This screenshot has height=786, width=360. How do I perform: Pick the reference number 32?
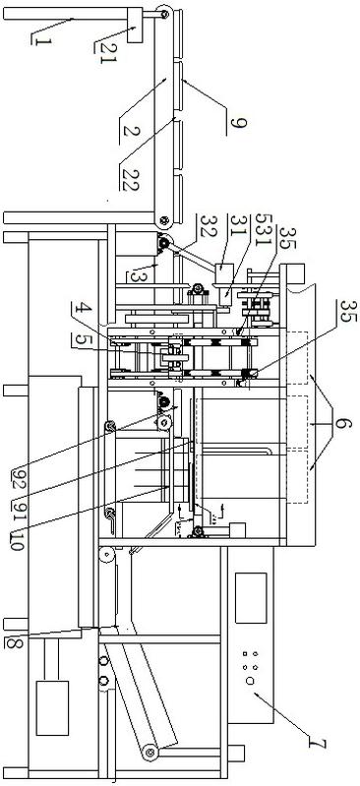coord(207,223)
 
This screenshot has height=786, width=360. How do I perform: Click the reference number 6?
coord(343,424)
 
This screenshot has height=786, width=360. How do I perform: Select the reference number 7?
coord(318,743)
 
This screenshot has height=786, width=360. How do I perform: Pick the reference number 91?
coord(18,510)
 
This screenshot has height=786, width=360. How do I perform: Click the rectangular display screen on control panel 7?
coord(251,597)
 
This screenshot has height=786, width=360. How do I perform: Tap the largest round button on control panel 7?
coord(250,680)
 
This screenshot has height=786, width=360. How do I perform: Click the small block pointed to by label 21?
coord(135,25)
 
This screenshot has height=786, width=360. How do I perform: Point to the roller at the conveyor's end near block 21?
coord(164,14)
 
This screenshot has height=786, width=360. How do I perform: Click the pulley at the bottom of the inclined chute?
coord(150,752)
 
